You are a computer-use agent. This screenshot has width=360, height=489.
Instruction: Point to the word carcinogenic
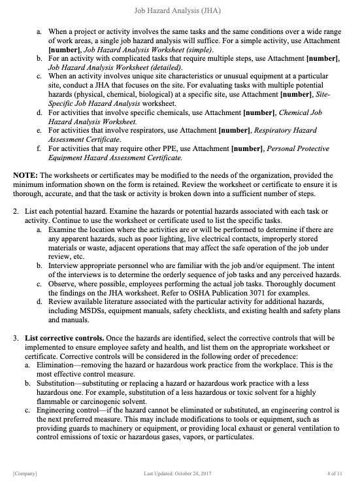tap(107, 401)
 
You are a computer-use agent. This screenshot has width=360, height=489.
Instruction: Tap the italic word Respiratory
tap(280, 131)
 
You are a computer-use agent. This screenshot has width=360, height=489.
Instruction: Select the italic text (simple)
tap(201, 49)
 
